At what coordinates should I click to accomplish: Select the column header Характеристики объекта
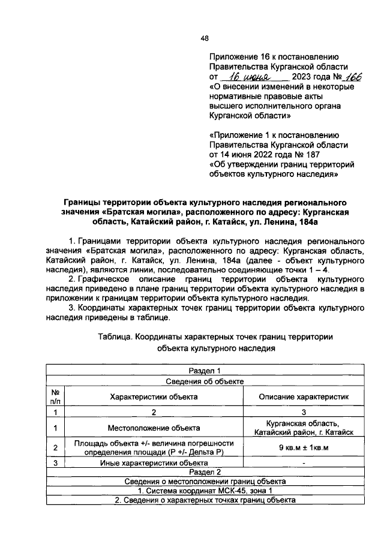click(153, 396)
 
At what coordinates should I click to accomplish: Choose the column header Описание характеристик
click(304, 396)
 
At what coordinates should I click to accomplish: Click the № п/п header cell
click(55, 396)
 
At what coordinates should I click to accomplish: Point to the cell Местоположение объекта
click(153, 428)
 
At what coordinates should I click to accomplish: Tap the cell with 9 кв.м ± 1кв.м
click(304, 447)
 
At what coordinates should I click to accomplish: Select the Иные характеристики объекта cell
click(153, 463)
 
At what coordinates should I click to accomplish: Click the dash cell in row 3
click(304, 463)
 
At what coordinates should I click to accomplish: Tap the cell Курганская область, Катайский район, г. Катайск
click(304, 428)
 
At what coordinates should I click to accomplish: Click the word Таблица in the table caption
click(116, 337)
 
